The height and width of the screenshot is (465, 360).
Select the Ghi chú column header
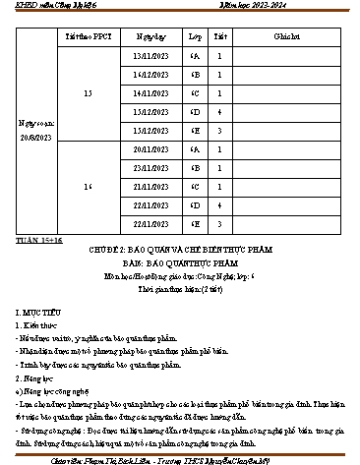[x=287, y=35]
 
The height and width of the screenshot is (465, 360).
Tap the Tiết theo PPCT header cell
[x=90, y=35]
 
